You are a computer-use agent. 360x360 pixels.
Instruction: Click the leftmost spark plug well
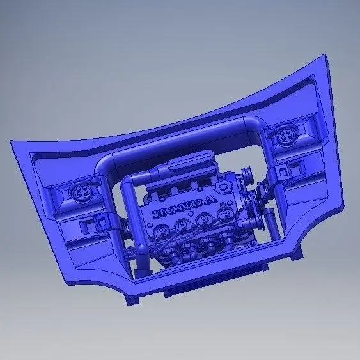tap(160, 231)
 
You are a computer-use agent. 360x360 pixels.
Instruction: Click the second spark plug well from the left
tap(182, 225)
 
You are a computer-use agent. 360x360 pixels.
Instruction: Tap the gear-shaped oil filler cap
tap(222, 187)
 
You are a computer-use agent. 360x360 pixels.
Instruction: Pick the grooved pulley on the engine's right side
tap(247, 176)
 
